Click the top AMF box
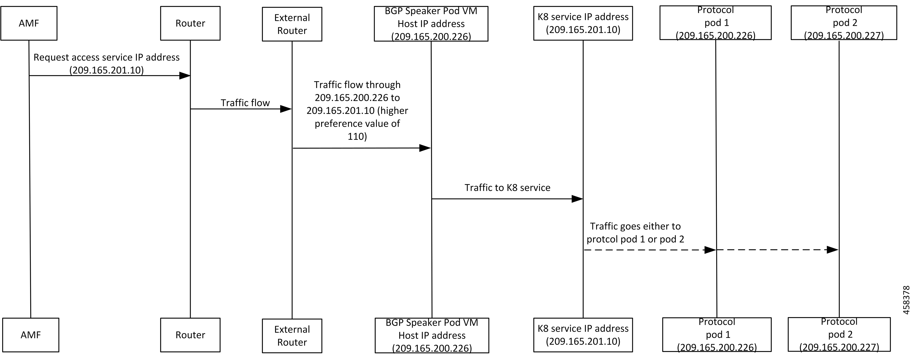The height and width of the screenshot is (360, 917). point(29,23)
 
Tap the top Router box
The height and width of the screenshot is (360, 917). point(190,23)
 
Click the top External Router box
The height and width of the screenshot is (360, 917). point(292,24)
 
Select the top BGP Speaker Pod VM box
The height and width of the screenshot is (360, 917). point(431,24)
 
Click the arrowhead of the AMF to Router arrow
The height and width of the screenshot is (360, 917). point(184,76)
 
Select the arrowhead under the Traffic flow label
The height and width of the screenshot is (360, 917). point(286,109)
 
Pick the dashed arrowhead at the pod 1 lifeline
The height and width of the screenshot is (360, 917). point(710,250)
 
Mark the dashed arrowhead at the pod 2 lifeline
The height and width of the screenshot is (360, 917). point(832,250)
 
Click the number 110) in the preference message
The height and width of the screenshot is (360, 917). point(357,136)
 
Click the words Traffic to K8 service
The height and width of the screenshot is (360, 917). point(507,188)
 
